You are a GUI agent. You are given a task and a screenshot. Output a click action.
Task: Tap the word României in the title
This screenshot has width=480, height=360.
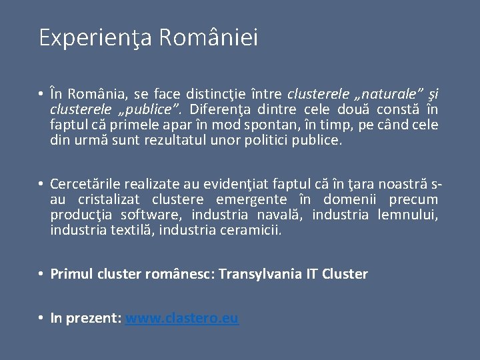pos(209,37)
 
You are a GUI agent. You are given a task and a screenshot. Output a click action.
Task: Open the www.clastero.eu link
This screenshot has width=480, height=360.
pos(181,318)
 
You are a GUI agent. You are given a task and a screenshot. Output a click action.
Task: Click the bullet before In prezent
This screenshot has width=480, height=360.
pos(41,318)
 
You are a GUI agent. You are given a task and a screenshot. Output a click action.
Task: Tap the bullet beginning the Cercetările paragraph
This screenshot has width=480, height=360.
pos(41,184)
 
